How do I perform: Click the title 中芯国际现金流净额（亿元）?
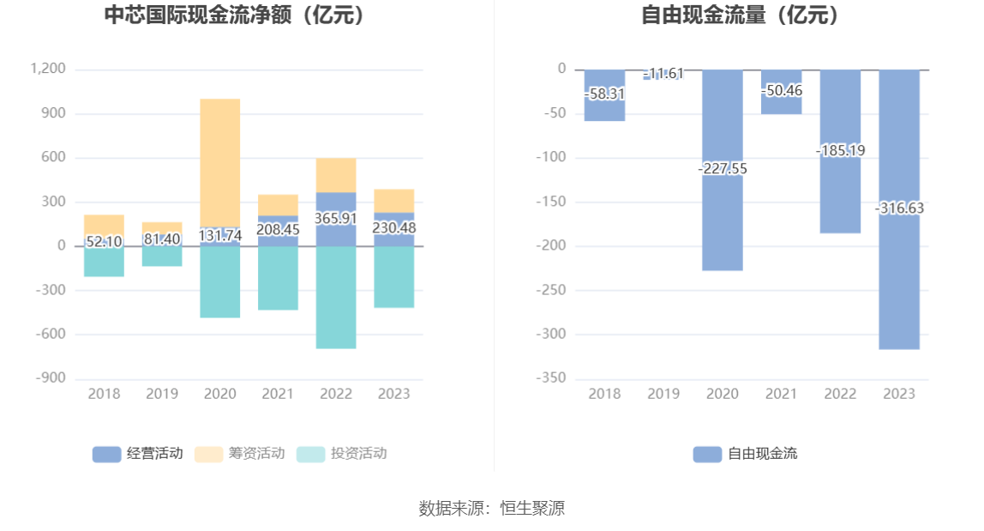pyautogui.click(x=234, y=15)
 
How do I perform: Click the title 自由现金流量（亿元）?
pyautogui.click(x=741, y=15)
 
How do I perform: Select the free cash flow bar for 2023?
pyautogui.click(x=899, y=275)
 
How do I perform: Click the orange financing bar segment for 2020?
pyautogui.click(x=220, y=163)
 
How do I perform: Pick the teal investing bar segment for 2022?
pyautogui.click(x=336, y=300)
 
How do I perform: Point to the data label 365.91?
pyautogui.click(x=336, y=219)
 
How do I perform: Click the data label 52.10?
pyautogui.click(x=104, y=242)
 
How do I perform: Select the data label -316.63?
pyautogui.click(x=899, y=208)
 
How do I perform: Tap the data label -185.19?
pyautogui.click(x=840, y=150)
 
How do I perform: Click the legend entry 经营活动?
pyautogui.click(x=137, y=454)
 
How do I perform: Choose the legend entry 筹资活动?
pyautogui.click(x=239, y=454)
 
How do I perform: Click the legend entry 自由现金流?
pyautogui.click(x=745, y=454)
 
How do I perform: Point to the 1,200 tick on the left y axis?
pyautogui.click(x=48, y=69)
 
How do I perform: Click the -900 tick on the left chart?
pyautogui.click(x=50, y=378)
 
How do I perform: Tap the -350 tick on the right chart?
pyautogui.click(x=551, y=378)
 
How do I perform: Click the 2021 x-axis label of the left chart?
pyautogui.click(x=278, y=394)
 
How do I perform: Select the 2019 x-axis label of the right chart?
pyautogui.click(x=663, y=394)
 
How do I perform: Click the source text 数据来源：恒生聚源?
pyautogui.click(x=491, y=508)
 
